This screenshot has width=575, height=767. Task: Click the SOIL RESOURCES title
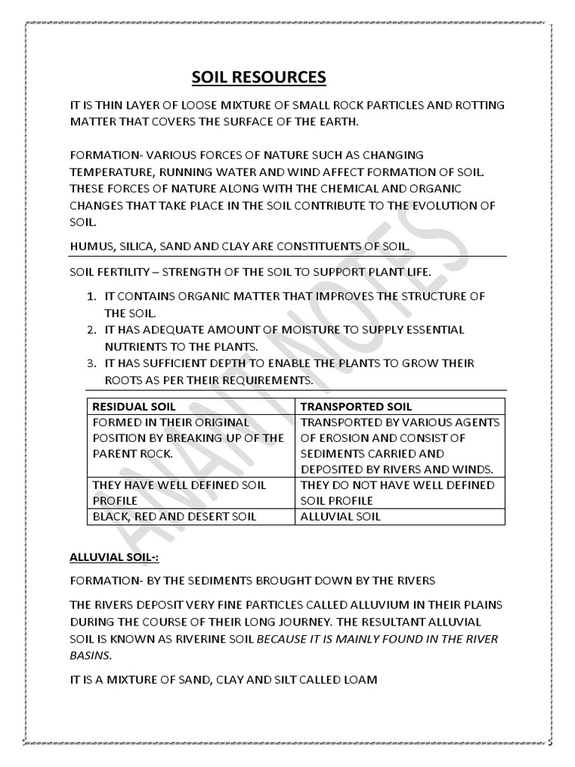[259, 77]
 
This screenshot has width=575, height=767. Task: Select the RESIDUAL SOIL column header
[133, 407]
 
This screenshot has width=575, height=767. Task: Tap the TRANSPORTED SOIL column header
[356, 407]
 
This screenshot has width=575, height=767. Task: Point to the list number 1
[90, 297]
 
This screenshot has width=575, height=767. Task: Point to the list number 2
[90, 330]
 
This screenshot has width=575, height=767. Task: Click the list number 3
[90, 363]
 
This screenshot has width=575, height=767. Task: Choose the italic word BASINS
[91, 655]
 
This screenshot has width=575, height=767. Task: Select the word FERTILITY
[129, 271]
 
